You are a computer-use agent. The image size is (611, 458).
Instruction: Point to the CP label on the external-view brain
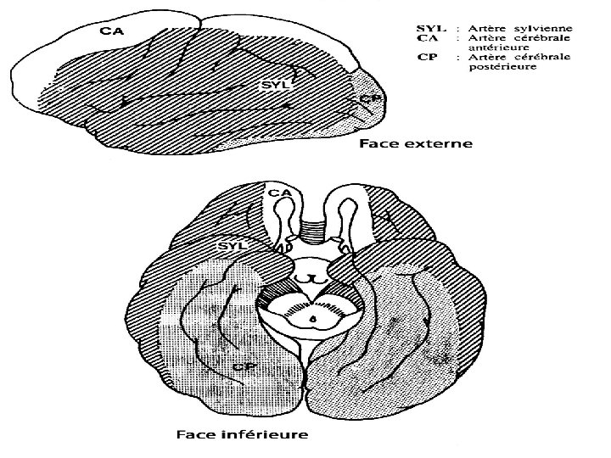click(x=367, y=99)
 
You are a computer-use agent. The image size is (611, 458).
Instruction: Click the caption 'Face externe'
click(x=415, y=144)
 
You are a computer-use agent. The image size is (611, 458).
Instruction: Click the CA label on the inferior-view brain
click(x=278, y=193)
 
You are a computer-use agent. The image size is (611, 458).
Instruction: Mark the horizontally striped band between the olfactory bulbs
click(x=314, y=226)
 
